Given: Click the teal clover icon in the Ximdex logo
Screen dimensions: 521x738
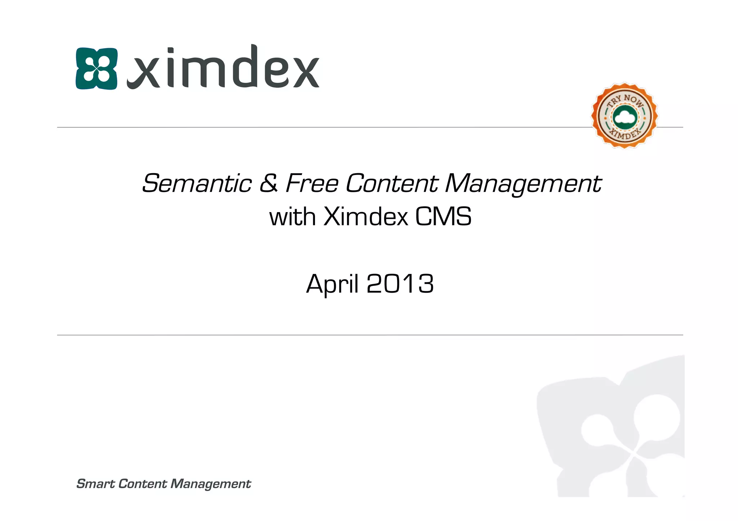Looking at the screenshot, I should (97, 68).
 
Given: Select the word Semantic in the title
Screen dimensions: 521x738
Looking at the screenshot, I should (197, 184).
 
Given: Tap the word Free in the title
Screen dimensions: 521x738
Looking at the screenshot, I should (312, 184).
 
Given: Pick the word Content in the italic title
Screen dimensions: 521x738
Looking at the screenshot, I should (392, 184).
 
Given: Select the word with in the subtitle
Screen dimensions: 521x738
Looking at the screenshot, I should (292, 217).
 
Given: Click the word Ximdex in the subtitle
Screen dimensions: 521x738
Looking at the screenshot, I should (366, 217).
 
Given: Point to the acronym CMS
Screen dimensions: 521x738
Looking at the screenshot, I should (443, 217).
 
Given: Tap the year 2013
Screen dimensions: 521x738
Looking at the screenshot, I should (400, 284).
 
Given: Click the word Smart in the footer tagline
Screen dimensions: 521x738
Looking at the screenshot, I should (95, 484).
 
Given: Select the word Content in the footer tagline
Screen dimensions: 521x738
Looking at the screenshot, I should (142, 484).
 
